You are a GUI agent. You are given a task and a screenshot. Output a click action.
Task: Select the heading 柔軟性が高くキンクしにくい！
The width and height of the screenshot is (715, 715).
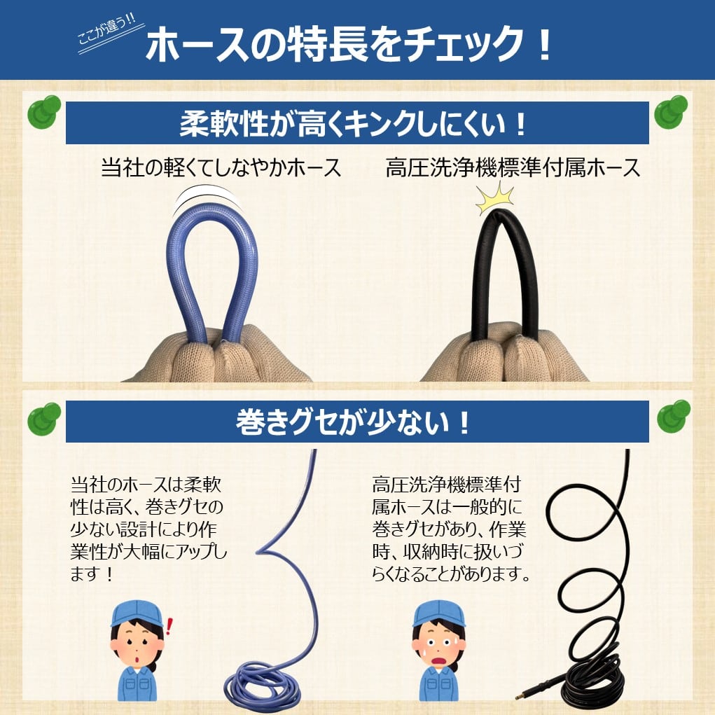(353, 123)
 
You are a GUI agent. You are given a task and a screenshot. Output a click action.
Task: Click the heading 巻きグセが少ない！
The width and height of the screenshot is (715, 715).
(353, 422)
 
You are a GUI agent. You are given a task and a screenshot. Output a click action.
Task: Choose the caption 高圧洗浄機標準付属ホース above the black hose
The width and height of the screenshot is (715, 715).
(513, 168)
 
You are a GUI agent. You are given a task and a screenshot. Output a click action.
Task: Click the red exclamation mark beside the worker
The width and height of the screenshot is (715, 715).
(168, 623)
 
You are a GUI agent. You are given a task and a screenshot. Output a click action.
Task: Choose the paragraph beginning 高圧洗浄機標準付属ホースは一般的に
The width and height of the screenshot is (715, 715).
(448, 529)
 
